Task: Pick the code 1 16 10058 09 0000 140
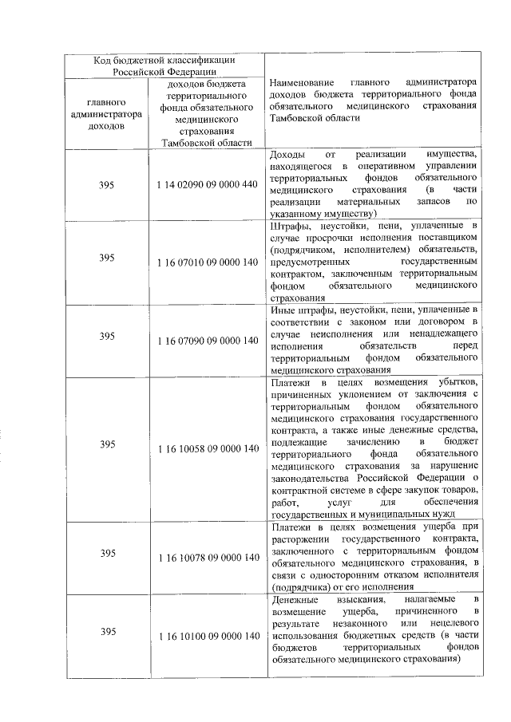[x=208, y=448]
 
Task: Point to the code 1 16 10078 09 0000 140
[x=208, y=558]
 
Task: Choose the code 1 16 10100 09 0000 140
[x=208, y=636]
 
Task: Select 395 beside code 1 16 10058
[x=107, y=444]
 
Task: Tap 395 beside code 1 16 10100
[x=107, y=632]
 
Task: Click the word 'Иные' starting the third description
[x=281, y=310]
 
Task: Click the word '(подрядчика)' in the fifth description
[x=297, y=586]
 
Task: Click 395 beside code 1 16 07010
[x=107, y=258]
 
